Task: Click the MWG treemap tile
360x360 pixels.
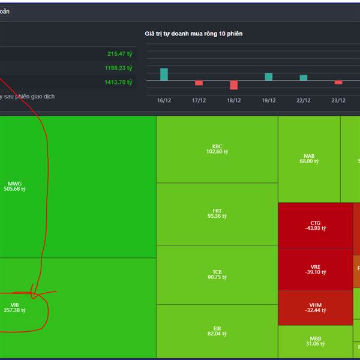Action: [x=78, y=187]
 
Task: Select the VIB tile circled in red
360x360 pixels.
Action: [x=78, y=308]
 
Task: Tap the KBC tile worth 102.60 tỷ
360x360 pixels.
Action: [x=217, y=149]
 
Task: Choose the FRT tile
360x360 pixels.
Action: [x=217, y=214]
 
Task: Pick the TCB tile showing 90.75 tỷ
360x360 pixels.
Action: [x=217, y=275]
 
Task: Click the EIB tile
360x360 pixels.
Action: [x=217, y=331]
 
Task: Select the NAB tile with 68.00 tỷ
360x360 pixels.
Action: [x=309, y=158]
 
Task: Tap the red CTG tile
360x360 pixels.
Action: [x=316, y=226]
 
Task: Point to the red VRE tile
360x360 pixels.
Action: [x=316, y=269]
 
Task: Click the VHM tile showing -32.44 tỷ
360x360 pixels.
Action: [x=316, y=308]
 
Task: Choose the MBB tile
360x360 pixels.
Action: [x=316, y=340]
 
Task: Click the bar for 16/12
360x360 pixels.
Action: [x=164, y=74]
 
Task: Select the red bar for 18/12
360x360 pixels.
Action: [x=233, y=85]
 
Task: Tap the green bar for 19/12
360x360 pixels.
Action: [x=268, y=77]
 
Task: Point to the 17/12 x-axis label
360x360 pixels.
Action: [x=199, y=101]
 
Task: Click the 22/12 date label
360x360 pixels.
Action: [x=303, y=101]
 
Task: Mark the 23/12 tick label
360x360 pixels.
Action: [x=338, y=101]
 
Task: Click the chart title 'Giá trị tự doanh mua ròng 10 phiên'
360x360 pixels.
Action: [x=194, y=34]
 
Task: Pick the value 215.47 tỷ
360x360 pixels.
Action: [x=120, y=54]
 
